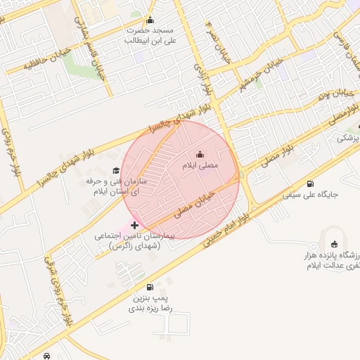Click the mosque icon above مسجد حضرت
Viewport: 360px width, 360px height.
coord(150,20)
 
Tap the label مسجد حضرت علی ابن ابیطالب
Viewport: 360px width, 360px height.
coord(149,35)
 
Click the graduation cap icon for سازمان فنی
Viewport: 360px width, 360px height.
coord(116,171)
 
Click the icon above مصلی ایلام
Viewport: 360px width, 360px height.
coord(200,155)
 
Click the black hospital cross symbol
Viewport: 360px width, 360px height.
coord(134,225)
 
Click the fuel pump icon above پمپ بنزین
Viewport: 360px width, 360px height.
coord(150,288)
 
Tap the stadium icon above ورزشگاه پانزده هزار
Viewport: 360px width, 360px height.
coord(335,254)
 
